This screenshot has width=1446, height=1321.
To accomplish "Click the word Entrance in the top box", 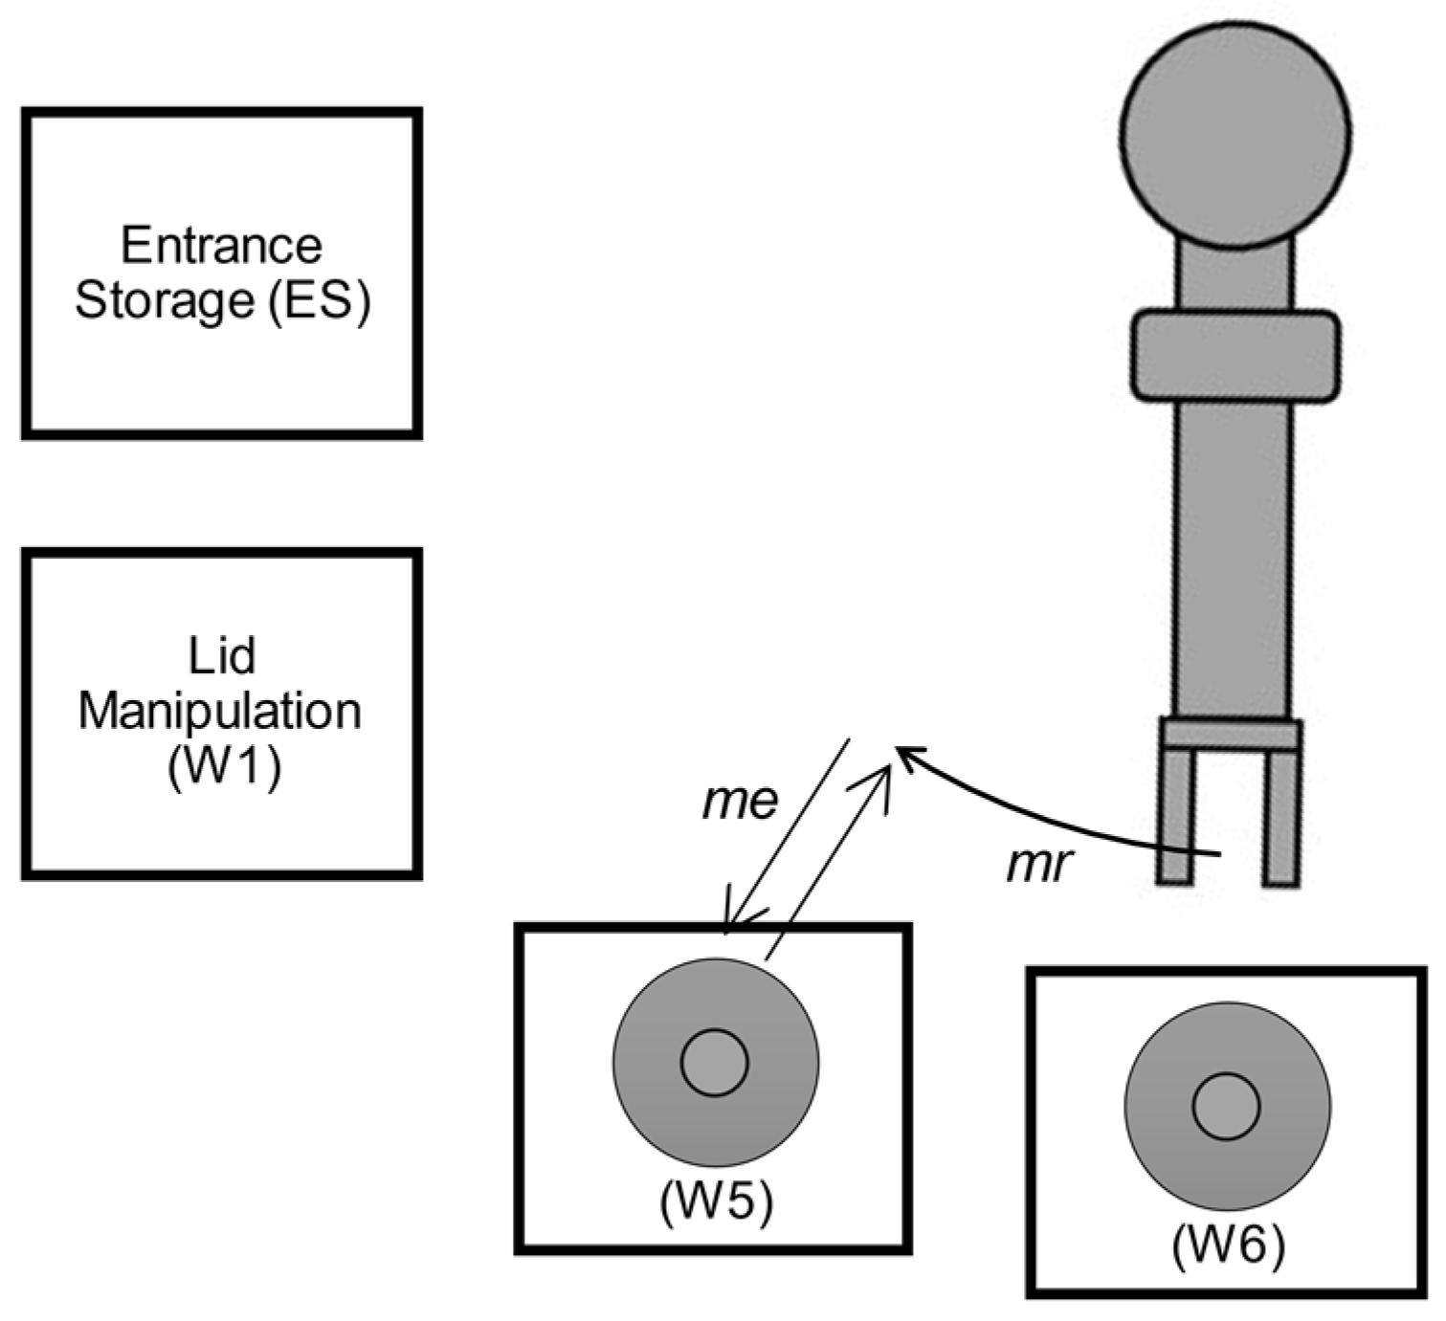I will (x=221, y=246).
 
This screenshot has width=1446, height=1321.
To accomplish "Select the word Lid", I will (x=222, y=656).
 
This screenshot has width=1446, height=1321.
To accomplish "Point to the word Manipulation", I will (x=220, y=712).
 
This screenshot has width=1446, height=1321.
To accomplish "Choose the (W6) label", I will (x=1228, y=1245).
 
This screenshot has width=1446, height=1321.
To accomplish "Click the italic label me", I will (x=740, y=801).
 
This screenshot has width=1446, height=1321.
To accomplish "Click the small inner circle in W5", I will (x=714, y=1063).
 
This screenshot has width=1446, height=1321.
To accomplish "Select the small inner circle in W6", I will (x=1226, y=1106).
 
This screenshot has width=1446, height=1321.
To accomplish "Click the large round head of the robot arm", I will (x=1235, y=135).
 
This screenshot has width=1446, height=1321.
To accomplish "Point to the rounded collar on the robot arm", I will (x=1235, y=354).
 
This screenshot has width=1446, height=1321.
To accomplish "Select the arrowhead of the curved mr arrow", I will (x=905, y=755).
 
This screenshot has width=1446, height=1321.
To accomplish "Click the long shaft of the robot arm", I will (x=1233, y=555).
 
